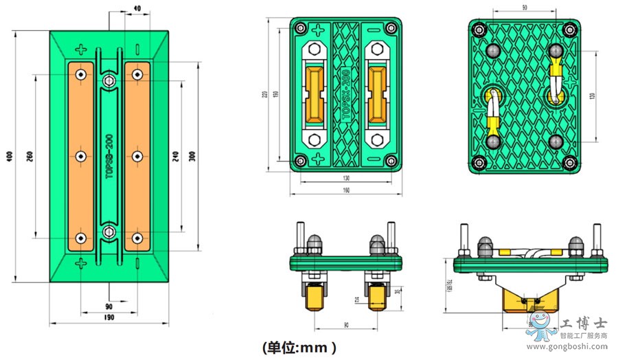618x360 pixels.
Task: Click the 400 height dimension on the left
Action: pos(9,157)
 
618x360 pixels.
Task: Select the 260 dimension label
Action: pos(30,157)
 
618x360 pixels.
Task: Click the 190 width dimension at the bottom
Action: pos(109,318)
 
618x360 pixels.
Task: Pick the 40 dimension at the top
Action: pos(137,8)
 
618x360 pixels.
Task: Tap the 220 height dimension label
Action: pos(265,94)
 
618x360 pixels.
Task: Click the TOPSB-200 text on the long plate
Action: pos(108,156)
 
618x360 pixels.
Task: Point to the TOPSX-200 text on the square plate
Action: pos(345,92)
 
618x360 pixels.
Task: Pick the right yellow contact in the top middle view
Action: pos(377,92)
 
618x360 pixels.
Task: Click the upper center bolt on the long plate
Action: pos(108,82)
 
